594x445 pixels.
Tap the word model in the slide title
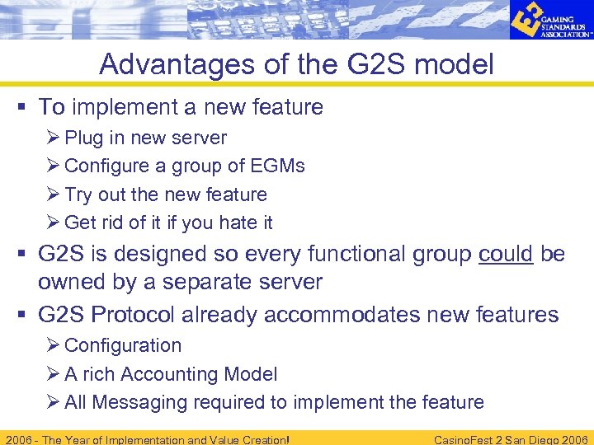pyautogui.click(x=453, y=63)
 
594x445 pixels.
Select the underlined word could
pyautogui.click(x=506, y=254)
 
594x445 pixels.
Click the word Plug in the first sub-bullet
pyautogui.click(x=83, y=138)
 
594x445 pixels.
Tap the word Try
pyautogui.click(x=78, y=194)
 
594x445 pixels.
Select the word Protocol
pyautogui.click(x=144, y=315)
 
